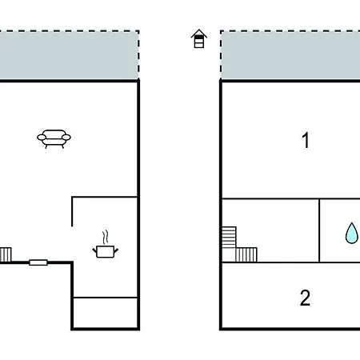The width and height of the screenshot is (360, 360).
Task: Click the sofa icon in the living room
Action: pyautogui.click(x=54, y=138)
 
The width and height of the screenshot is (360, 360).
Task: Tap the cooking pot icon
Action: pyautogui.click(x=106, y=252)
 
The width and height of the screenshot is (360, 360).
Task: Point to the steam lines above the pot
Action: pyautogui.click(x=106, y=237)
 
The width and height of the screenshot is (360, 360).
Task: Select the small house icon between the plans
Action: pyautogui.click(x=199, y=38)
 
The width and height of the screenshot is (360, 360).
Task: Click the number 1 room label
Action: pyautogui.click(x=306, y=140)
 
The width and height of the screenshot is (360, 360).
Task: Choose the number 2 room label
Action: pyautogui.click(x=305, y=298)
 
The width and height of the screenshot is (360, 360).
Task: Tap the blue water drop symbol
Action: pyautogui.click(x=351, y=233)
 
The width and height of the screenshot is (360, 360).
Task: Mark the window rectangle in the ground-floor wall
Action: pyautogui.click(x=38, y=262)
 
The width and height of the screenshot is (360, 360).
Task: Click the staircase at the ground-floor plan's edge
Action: pyautogui.click(x=6, y=254)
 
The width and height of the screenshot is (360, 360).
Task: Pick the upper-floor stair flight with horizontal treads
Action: pyautogui.click(x=229, y=237)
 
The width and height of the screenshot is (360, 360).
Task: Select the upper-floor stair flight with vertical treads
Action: pyautogui.click(x=246, y=254)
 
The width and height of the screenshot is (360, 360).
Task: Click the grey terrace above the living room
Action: pyautogui.click(x=69, y=55)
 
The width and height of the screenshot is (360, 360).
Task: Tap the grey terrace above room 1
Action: pyautogui.click(x=290, y=55)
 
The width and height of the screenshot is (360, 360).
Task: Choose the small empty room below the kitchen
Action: pyautogui.click(x=106, y=313)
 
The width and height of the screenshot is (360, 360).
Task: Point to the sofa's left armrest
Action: pyautogui.click(x=42, y=138)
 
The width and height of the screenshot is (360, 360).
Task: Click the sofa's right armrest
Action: pyautogui.click(x=66, y=138)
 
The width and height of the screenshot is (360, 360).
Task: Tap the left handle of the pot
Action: pyautogui.click(x=94, y=250)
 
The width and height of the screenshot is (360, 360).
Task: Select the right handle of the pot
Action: pyautogui.click(x=116, y=250)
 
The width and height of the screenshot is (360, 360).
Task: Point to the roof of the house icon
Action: pyautogui.click(x=199, y=34)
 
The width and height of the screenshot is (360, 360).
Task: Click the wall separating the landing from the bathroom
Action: pyautogui.click(x=319, y=230)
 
